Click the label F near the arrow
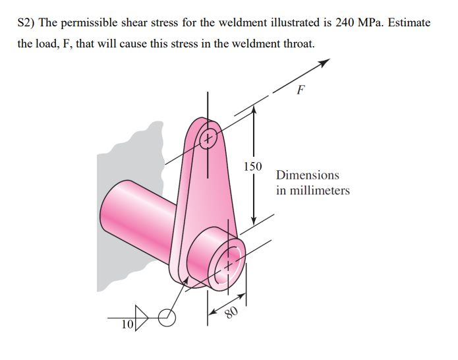click(301, 91)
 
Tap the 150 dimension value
click(252, 165)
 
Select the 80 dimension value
click(230, 311)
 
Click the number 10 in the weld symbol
click(127, 324)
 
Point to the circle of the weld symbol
click(168, 318)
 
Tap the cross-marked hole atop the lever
click(208, 138)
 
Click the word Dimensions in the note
click(308, 175)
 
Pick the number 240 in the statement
click(346, 22)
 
